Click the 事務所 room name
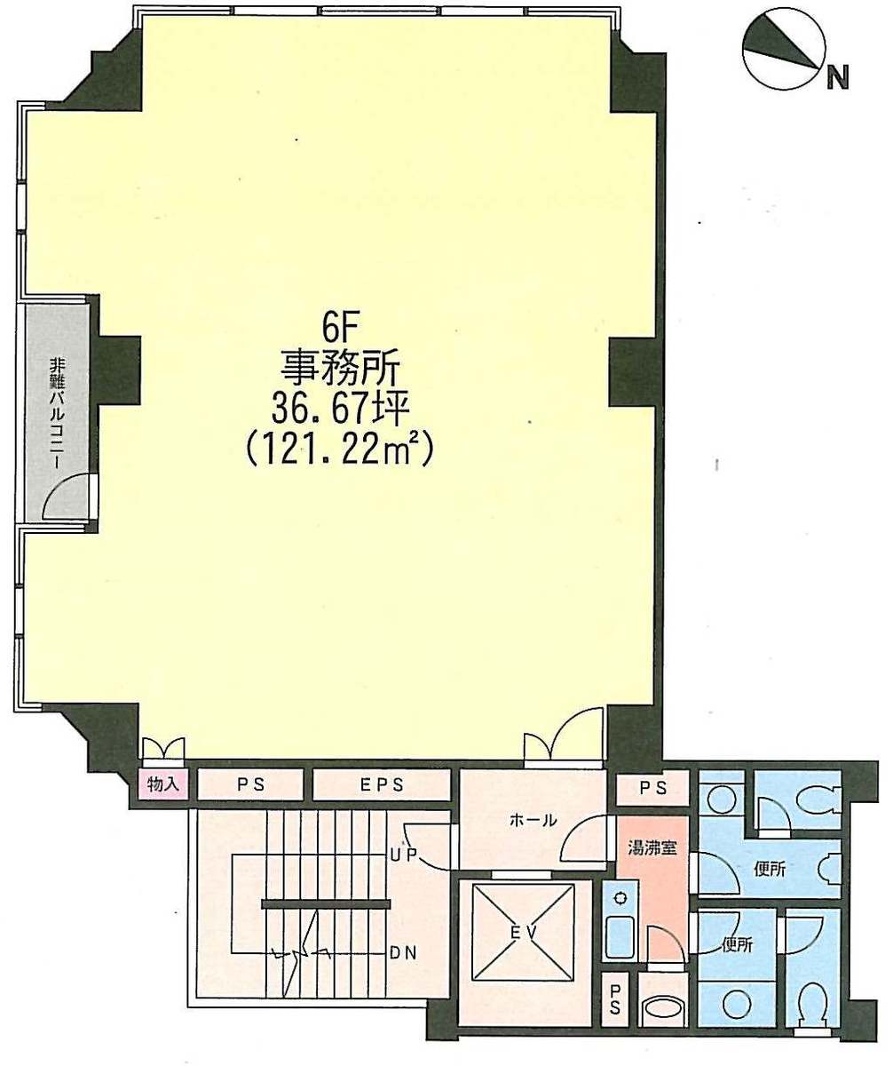click(x=340, y=370)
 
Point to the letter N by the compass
click(x=837, y=78)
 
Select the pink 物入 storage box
click(x=162, y=784)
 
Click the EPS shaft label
click(x=382, y=784)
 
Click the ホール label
click(x=533, y=821)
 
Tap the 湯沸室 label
click(x=652, y=848)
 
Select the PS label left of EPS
click(x=251, y=784)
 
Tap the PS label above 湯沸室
click(x=653, y=788)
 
